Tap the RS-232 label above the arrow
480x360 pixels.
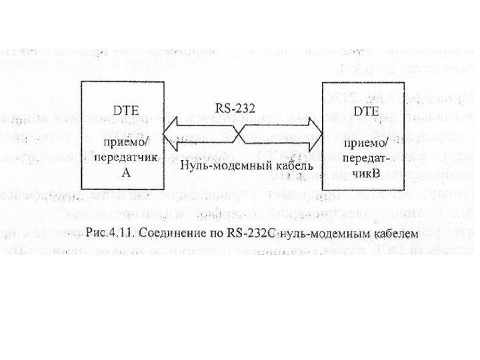[x=234, y=107]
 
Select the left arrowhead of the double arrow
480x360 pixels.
[x=175, y=137]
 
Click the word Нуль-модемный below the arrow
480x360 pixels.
[x=223, y=164]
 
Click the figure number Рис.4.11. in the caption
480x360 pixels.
[x=111, y=234]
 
